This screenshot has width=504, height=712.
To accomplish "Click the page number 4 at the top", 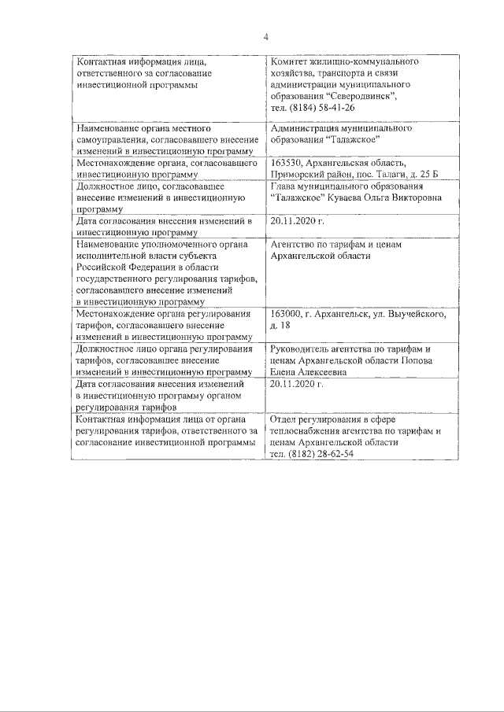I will pyautogui.click(x=265, y=36).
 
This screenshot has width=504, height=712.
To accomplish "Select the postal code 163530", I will pyautogui.click(x=287, y=163).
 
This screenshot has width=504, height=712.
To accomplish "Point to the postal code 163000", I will pyautogui.click(x=287, y=314).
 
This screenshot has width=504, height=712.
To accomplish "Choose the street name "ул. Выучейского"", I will pyautogui.click(x=409, y=314).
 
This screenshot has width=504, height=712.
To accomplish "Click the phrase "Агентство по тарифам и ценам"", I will pyautogui.click(x=335, y=244).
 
